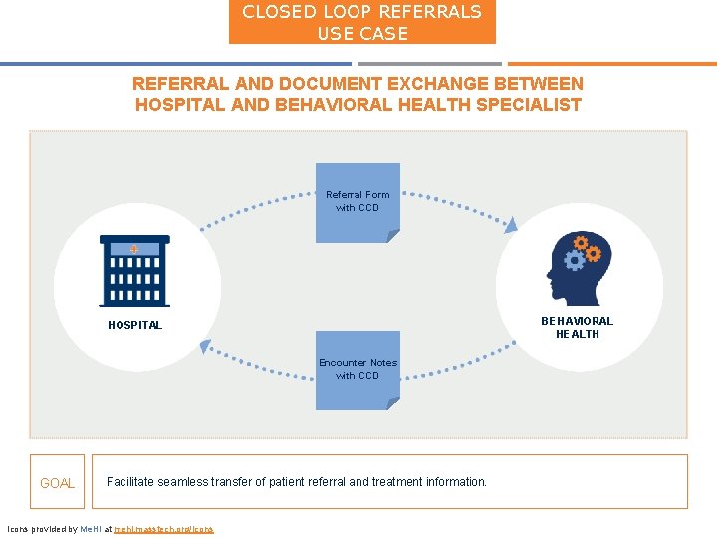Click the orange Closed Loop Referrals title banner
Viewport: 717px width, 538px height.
[x=361, y=22]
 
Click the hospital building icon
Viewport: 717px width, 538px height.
[x=134, y=270]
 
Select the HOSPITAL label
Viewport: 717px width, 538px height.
[x=134, y=326]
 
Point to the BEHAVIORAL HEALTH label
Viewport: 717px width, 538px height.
[x=578, y=328]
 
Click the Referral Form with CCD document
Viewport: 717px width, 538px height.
[x=358, y=202]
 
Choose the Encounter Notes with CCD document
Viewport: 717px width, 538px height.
[x=358, y=370]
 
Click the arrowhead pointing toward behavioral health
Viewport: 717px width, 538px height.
[x=511, y=226]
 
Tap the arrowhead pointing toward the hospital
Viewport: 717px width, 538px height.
[x=205, y=346]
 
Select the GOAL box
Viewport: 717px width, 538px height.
[x=57, y=483]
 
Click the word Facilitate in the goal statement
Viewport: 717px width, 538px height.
[x=130, y=482]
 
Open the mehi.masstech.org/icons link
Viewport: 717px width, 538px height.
[x=163, y=529]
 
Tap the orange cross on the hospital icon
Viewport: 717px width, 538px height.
[x=134, y=248]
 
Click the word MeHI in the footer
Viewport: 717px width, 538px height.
[x=91, y=529]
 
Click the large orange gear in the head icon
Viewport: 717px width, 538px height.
[x=593, y=253]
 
